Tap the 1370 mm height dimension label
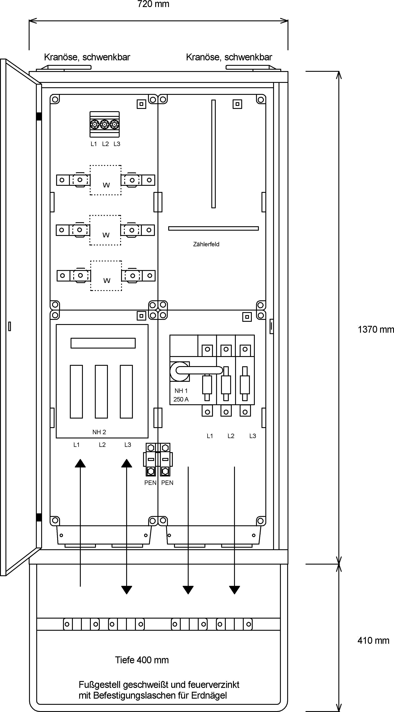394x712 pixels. tap(376, 330)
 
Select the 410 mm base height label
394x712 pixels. tap(373, 640)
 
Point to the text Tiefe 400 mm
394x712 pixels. tap(142, 660)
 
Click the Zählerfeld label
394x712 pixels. tap(206, 244)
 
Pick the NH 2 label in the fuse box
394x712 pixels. tap(99, 432)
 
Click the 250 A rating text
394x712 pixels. tap(181, 399)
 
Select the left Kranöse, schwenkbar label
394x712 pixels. tap(87, 57)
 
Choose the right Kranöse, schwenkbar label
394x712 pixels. tap(229, 57)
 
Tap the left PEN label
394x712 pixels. tap(150, 483)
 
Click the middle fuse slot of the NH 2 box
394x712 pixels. tap(101, 392)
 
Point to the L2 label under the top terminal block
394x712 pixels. tap(105, 144)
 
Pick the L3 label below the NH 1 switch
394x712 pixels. tap(253, 436)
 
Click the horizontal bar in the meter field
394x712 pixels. tap(213, 228)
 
